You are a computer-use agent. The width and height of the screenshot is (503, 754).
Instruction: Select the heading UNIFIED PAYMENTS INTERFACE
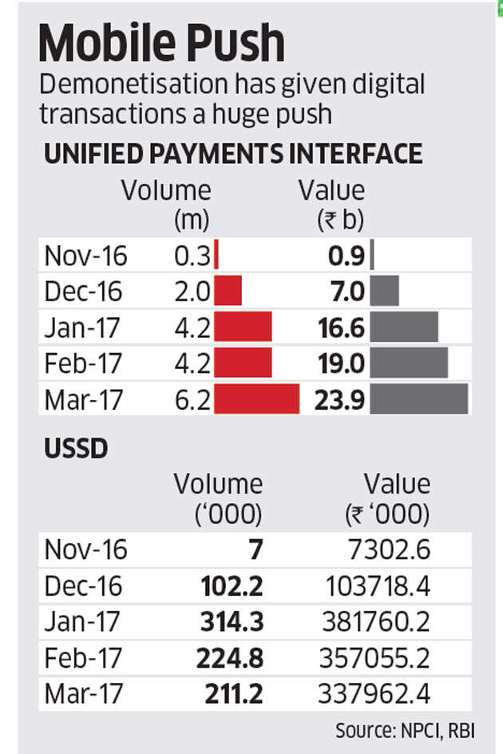point(233,153)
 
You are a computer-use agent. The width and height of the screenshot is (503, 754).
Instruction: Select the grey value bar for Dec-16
point(385,291)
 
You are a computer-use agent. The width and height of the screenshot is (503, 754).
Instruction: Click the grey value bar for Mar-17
point(419,399)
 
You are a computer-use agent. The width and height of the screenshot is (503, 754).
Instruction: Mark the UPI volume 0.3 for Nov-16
point(192,256)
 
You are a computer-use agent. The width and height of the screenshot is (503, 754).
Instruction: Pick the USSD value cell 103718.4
point(378,586)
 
